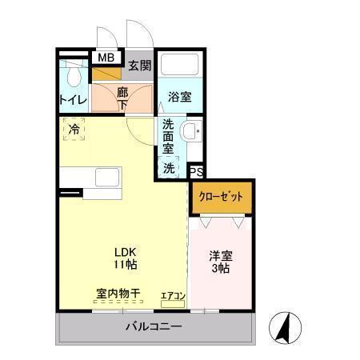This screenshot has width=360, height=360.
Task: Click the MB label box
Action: (106, 58)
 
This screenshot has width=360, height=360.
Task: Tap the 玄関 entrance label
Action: (139, 65)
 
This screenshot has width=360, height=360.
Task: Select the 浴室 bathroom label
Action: (179, 98)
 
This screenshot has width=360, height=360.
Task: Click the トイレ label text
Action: (73, 101)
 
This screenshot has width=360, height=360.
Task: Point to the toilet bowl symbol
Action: (74, 76)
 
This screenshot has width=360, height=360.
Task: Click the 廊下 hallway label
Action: (122, 97)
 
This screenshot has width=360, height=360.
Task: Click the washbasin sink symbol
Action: (191, 133)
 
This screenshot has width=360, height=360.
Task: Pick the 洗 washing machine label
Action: (169, 168)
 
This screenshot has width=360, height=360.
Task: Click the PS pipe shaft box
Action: (196, 171)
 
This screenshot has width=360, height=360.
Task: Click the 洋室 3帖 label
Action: (220, 262)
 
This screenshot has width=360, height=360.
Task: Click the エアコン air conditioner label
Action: (173, 297)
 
